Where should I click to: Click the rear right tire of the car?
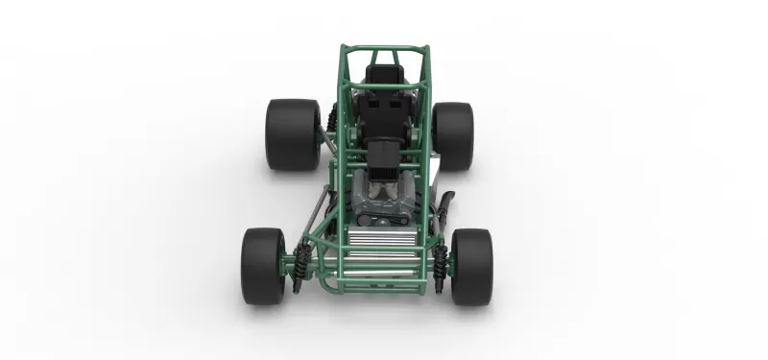452,134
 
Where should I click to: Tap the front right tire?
471,267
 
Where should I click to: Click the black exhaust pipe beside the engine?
444,206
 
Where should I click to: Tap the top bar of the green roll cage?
384,45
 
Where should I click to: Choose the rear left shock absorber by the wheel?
330,120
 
